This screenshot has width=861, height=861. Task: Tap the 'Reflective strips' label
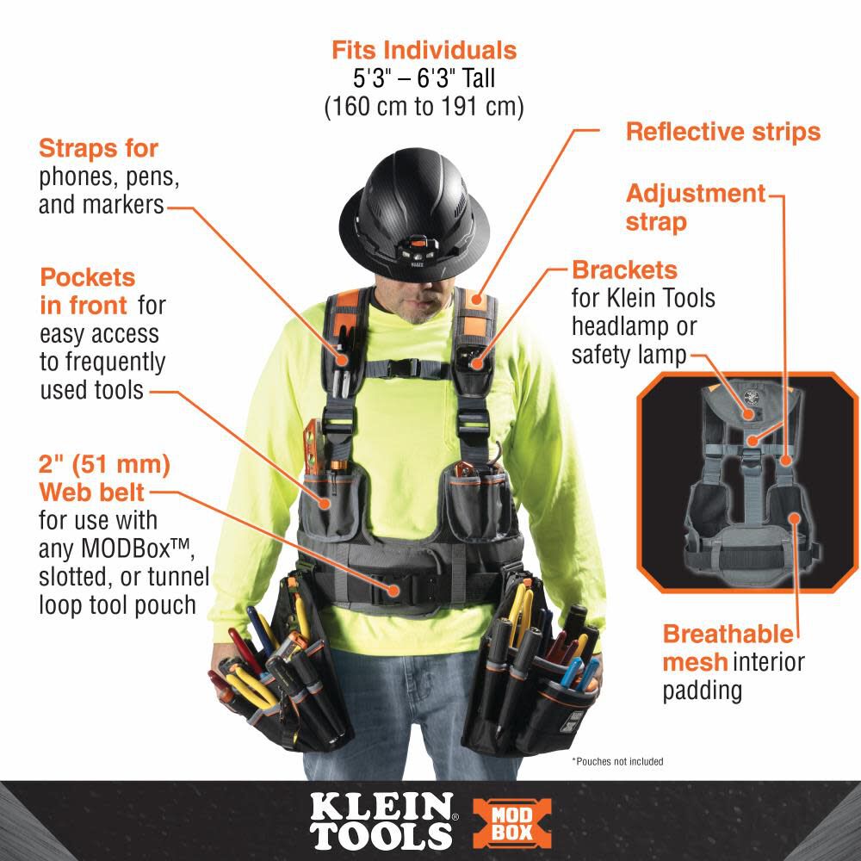[722, 132]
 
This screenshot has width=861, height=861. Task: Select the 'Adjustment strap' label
[695, 208]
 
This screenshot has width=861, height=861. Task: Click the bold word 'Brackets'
[624, 269]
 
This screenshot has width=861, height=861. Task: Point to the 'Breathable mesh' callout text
[728, 648]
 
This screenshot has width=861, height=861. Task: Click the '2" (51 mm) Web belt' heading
[104, 479]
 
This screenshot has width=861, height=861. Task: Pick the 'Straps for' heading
[98, 148]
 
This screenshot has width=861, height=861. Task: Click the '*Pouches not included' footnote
[617, 761]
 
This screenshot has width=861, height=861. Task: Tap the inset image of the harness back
[748, 482]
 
